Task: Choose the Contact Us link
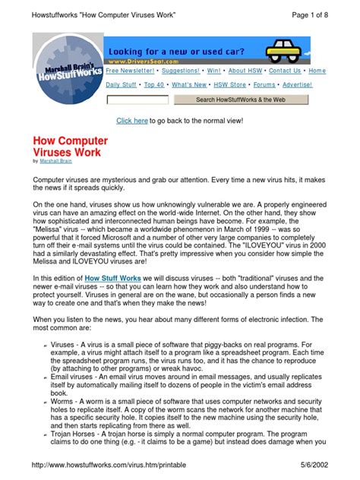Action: coord(285,71)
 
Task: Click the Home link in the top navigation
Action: coord(317,71)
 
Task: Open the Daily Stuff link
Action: coord(122,85)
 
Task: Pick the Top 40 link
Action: coord(154,85)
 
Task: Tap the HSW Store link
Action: coord(228,85)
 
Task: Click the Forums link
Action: coord(264,85)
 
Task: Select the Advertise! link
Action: coord(297,85)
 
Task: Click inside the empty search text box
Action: coord(137,99)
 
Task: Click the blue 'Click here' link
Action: coord(131,121)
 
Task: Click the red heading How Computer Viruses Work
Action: coord(70,147)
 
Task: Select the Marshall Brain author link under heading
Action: coord(58,162)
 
